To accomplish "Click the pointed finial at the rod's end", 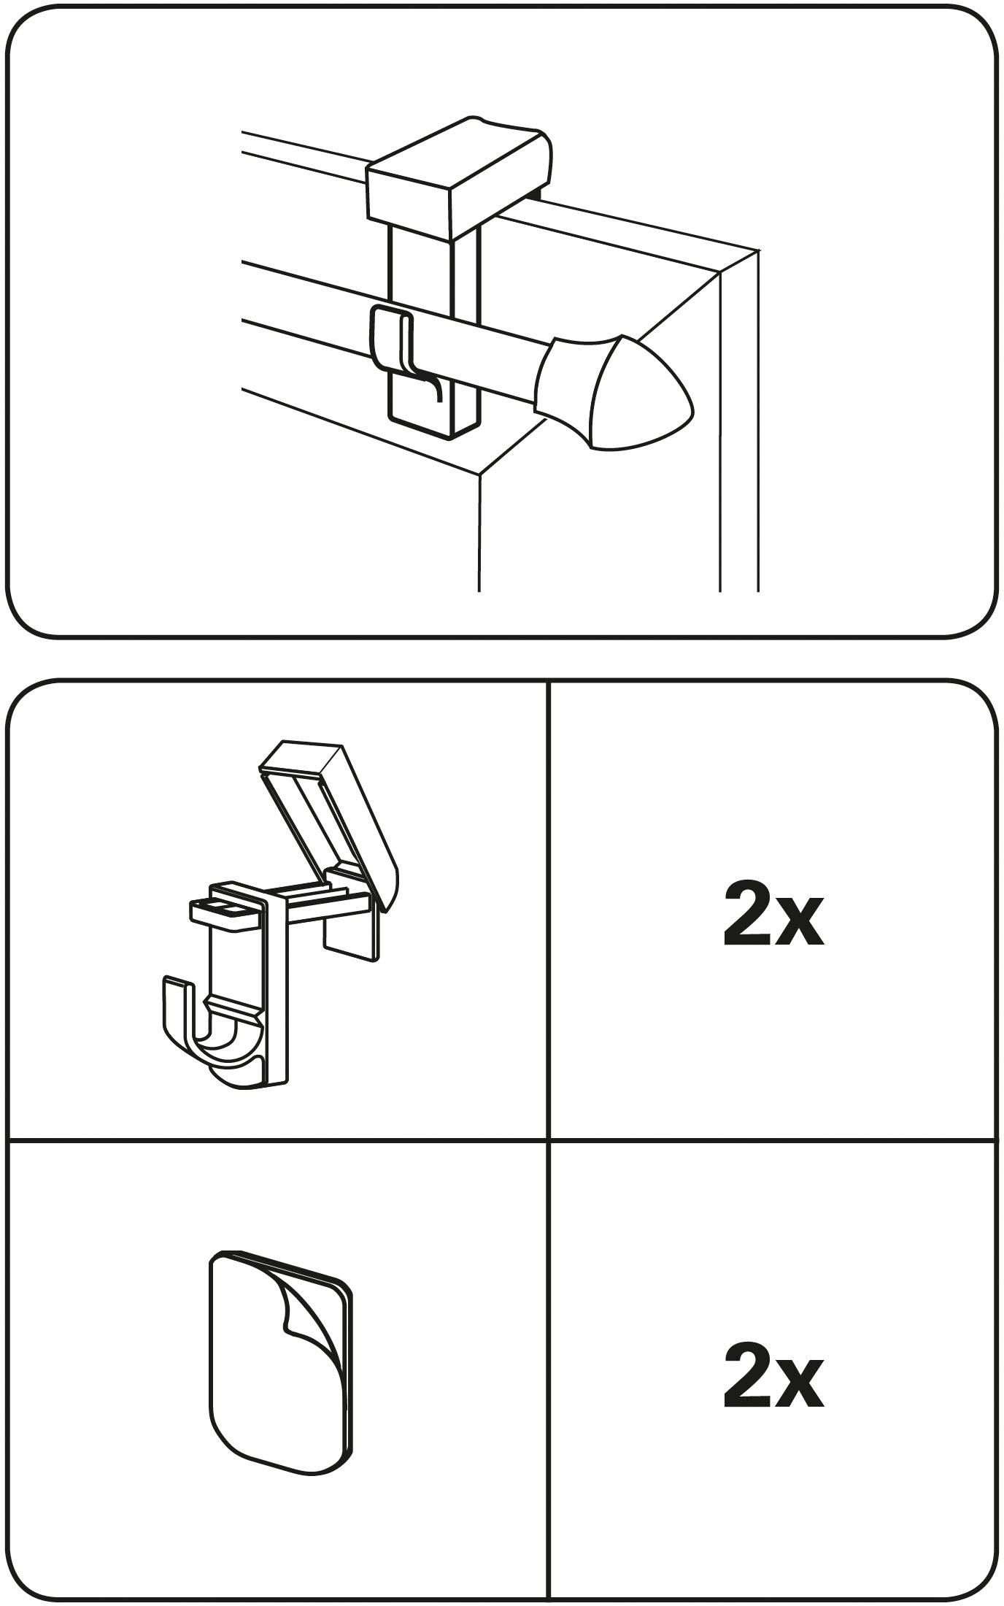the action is (x=642, y=394).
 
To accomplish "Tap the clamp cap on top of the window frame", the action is (x=458, y=175).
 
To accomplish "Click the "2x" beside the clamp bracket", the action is (x=773, y=913).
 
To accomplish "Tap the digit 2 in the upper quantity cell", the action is (x=747, y=913).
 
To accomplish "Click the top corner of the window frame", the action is (x=759, y=250).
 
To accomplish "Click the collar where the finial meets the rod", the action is (x=569, y=380).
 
